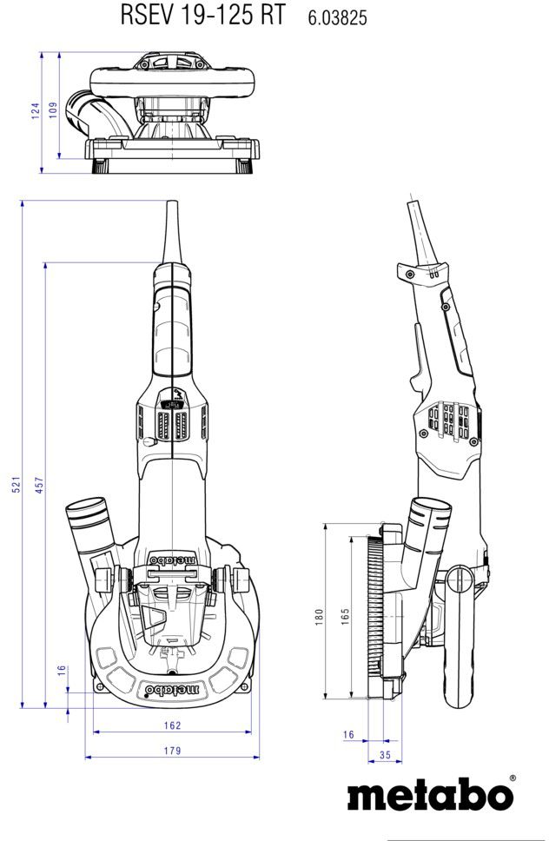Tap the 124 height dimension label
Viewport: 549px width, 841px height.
pos(36,110)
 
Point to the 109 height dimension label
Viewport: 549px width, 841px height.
pos(53,110)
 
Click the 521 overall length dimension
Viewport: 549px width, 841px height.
pos(16,486)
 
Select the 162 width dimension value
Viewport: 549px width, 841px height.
pos(171,725)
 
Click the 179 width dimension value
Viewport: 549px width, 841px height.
pos(171,751)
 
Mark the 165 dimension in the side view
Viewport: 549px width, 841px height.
pos(345,616)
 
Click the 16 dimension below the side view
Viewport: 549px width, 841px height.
pos(348,735)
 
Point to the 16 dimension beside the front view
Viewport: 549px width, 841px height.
pos(62,671)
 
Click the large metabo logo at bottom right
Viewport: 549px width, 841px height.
pos(430,795)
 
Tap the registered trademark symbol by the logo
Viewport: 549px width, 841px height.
pos(513,778)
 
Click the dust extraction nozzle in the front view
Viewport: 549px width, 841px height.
pos(90,526)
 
